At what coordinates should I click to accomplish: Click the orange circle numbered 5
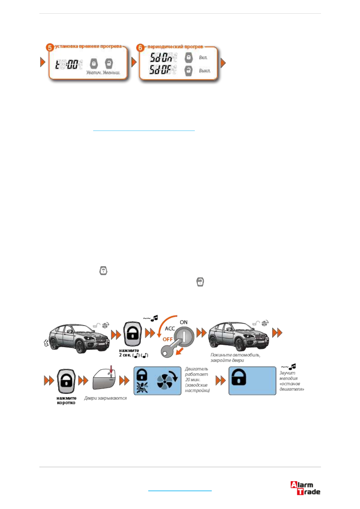coord(50,47)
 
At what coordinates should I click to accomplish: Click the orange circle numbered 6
coord(140,47)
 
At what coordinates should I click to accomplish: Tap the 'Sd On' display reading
coord(161,57)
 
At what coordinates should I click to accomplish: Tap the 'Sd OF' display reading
coord(161,70)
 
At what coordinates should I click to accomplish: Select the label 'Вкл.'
coord(203,57)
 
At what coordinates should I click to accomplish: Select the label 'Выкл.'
coord(205,71)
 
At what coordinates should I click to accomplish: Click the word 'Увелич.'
coord(93,73)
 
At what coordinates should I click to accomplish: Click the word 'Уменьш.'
coord(111,73)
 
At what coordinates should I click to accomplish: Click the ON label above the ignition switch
coord(184,322)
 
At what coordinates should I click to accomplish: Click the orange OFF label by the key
coord(168,339)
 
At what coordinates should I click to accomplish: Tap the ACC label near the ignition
coord(170,329)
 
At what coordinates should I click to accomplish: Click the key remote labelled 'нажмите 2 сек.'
coord(132,334)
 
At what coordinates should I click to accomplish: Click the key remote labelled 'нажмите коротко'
coord(66,381)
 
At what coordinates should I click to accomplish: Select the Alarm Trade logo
coord(305,488)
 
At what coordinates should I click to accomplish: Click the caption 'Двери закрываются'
coord(105,398)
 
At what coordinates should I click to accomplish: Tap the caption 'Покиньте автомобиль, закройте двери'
coord(235,358)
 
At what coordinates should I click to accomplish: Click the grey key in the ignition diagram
coord(170,349)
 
